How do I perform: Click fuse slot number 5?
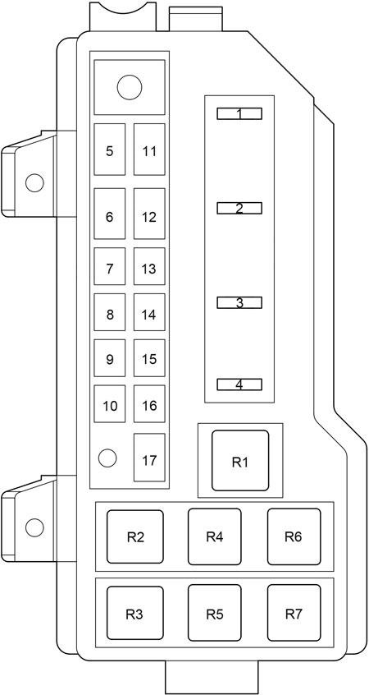coord(110,150)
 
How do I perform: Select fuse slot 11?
coord(149,150)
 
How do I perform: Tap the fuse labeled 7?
coord(110,266)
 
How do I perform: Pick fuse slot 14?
coord(149,312)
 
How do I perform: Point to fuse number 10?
coord(110,404)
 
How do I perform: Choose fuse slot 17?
coord(149,458)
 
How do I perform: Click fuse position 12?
coord(149,214)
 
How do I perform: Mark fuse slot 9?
coord(110,358)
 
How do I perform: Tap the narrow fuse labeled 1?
coord(239,114)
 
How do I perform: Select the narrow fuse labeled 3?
coord(239,303)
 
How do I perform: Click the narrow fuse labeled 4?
coord(239,384)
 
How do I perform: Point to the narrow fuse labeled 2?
coord(239,208)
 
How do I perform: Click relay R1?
coord(240,461)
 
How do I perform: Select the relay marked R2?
coord(135,536)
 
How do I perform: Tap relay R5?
coord(215,613)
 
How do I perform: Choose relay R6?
coord(294,536)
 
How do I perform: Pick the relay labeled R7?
coord(294,613)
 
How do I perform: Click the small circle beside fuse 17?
coord(107,458)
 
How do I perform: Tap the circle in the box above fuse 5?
coord(130,87)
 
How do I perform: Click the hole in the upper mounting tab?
coord(34,182)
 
